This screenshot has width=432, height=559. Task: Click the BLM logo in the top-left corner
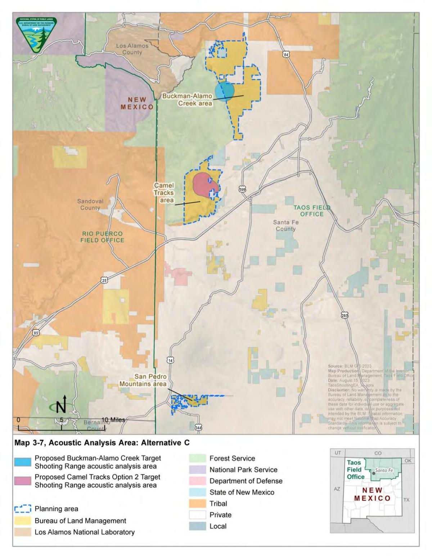[36, 35]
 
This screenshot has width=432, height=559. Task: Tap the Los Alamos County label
[132, 49]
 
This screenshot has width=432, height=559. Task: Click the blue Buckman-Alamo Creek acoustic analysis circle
[225, 91]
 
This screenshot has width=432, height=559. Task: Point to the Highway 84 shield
[286, 54]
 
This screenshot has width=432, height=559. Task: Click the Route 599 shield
[243, 189]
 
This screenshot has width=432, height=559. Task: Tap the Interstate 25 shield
[104, 280]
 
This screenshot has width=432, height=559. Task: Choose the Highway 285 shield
[345, 315]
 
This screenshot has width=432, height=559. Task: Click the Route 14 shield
[170, 360]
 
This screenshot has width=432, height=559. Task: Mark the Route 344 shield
[198, 427]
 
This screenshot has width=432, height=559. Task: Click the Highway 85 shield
[36, 333]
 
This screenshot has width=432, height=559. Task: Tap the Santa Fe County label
[286, 225]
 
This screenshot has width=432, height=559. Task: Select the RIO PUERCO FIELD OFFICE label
[102, 237]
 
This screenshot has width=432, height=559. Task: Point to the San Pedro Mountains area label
[143, 380]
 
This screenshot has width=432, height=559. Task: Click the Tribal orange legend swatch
[197, 503]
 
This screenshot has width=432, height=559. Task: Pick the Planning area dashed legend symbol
[23, 509]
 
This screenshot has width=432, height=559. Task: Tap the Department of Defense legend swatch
[197, 481]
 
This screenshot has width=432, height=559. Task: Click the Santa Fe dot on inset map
[373, 473]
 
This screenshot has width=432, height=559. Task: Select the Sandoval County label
[90, 204]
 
